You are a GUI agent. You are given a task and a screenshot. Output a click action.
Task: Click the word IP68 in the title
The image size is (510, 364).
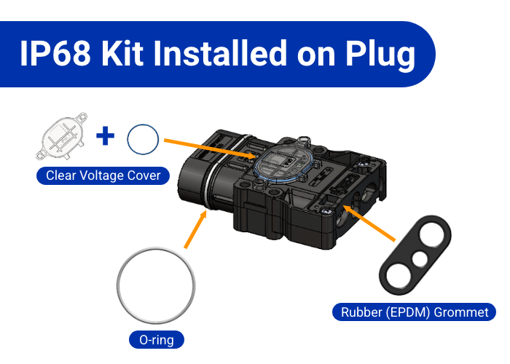(55, 53)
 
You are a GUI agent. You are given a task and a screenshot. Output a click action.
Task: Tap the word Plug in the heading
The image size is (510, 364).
(380, 55)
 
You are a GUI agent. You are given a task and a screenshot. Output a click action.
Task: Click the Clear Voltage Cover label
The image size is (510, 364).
(103, 175)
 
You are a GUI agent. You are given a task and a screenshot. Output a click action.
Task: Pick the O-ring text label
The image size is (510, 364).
(157, 340)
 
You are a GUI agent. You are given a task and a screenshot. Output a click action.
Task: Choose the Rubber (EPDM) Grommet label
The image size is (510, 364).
(415, 312)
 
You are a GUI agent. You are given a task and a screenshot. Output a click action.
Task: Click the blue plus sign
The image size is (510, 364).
(106, 135)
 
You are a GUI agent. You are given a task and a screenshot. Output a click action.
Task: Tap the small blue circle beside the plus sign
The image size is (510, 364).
(143, 139)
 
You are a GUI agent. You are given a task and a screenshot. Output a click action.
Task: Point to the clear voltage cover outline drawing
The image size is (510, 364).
(61, 136)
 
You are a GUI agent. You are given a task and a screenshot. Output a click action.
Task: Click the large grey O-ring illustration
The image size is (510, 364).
(156, 285)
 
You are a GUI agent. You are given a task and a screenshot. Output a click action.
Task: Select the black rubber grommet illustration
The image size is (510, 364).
(415, 255)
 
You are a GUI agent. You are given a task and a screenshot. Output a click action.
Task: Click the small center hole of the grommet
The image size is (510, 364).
(420, 259)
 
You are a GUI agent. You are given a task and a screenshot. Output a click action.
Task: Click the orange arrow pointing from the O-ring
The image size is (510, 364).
(196, 229)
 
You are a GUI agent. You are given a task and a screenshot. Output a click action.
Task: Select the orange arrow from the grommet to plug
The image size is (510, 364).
(369, 223)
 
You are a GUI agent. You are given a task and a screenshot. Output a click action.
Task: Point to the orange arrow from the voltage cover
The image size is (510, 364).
(211, 149)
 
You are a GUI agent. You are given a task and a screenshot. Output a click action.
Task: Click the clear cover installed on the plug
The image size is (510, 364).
(283, 161)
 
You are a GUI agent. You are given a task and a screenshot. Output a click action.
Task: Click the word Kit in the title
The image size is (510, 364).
(122, 53)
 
